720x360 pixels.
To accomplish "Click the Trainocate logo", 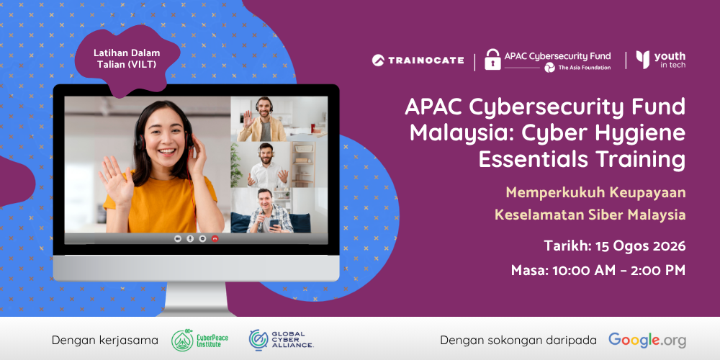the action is (418, 60).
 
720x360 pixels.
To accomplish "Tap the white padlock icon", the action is (492, 60).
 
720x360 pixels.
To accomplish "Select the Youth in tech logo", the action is (661, 60).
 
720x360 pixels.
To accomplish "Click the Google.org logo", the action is (647, 341).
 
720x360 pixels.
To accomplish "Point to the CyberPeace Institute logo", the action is (199, 341).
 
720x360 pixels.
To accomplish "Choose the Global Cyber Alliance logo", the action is (281, 341).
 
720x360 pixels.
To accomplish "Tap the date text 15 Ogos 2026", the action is (640, 246).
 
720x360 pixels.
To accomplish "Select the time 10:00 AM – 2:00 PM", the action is (618, 271).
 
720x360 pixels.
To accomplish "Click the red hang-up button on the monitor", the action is (215, 239).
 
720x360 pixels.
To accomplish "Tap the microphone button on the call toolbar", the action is (189, 239).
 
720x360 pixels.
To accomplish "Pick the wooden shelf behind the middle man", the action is (302, 165).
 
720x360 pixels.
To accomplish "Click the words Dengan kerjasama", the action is (104, 341).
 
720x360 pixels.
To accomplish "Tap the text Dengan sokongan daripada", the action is (518, 341).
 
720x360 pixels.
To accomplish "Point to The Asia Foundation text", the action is (584, 68).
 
